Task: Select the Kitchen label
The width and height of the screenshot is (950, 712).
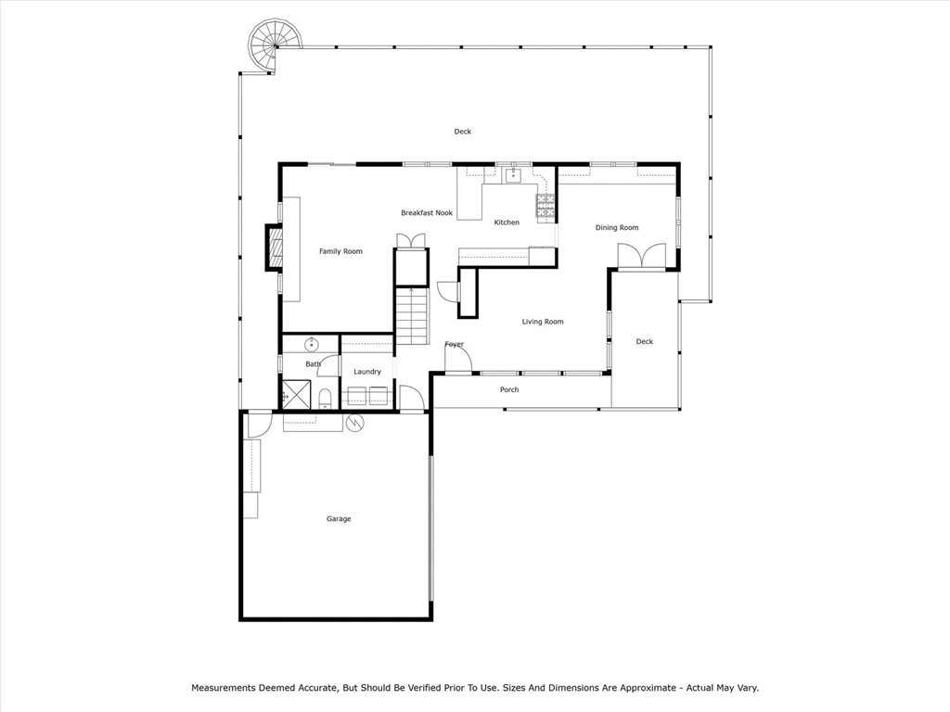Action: pyautogui.click(x=507, y=222)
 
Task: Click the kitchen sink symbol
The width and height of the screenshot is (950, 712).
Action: pyautogui.click(x=513, y=174)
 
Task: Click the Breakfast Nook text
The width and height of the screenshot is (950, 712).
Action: pyautogui.click(x=427, y=213)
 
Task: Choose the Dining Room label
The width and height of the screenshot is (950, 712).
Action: pyautogui.click(x=617, y=228)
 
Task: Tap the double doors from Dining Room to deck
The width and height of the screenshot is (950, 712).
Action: pyautogui.click(x=642, y=256)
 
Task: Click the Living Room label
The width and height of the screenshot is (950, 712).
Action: pyautogui.click(x=543, y=322)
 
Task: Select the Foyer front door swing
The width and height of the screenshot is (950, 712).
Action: pyautogui.click(x=459, y=358)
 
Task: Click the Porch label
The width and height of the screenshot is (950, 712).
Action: pyautogui.click(x=509, y=389)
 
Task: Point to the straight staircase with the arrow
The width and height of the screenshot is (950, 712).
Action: pyautogui.click(x=412, y=315)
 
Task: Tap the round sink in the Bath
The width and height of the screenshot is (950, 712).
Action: pyautogui.click(x=312, y=344)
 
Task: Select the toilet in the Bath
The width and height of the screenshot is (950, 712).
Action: pyautogui.click(x=325, y=399)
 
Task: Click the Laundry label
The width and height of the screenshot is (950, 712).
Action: pyautogui.click(x=367, y=372)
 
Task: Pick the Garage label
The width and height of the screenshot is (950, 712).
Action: pyautogui.click(x=339, y=519)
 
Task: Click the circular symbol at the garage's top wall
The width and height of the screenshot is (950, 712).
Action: pyautogui.click(x=355, y=423)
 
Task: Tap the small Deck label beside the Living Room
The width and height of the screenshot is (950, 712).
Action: pyautogui.click(x=645, y=342)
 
